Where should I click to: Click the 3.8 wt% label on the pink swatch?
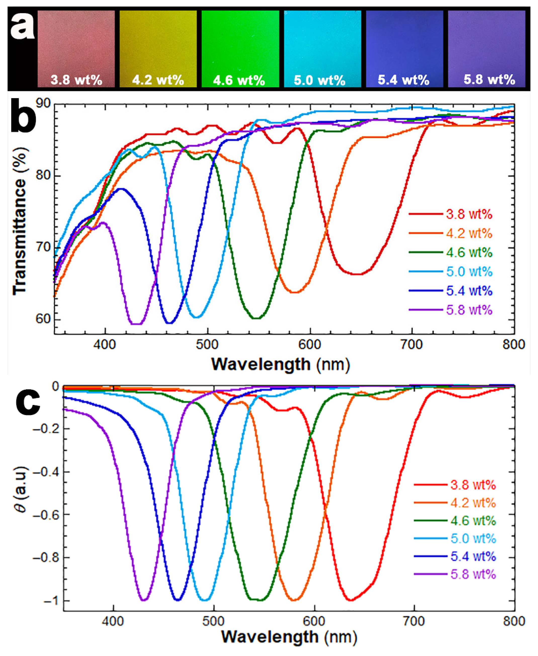[x=76, y=80]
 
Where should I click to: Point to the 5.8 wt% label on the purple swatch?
[x=489, y=79]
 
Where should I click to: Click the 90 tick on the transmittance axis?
[x=43, y=103]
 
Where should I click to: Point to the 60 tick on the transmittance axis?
[x=43, y=319]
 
